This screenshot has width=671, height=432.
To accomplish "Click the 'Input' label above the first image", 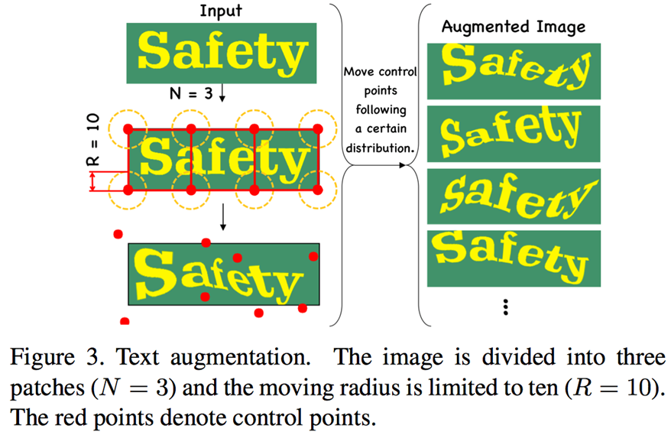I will click(222, 10).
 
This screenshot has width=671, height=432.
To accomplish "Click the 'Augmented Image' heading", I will click(513, 27).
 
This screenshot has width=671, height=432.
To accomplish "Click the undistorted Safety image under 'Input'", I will click(221, 53).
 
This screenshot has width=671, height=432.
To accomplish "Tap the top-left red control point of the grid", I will click(128, 127).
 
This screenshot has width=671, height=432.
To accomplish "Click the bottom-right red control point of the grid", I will click(318, 188).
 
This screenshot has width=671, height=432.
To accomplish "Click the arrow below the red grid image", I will click(223, 219).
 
